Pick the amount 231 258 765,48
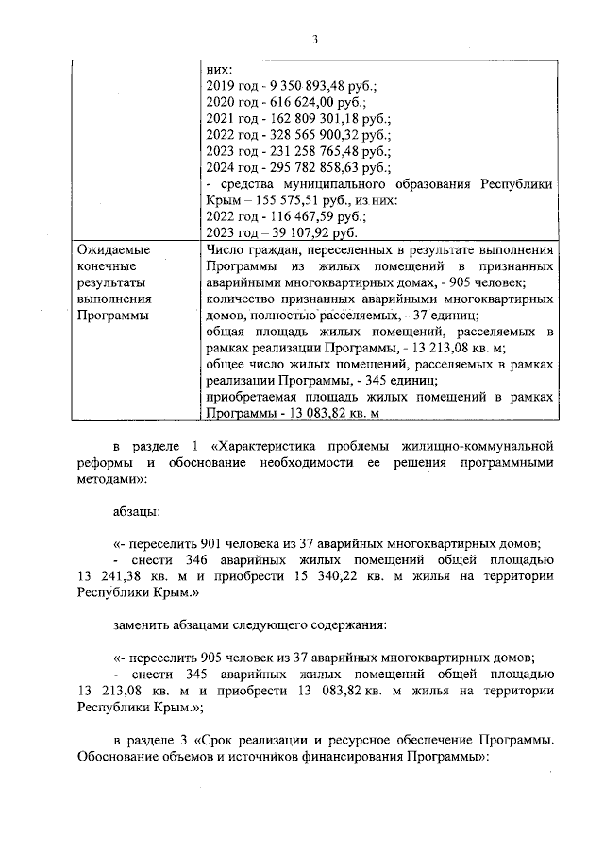point(306,151)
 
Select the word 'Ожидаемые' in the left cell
point(112,249)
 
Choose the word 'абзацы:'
point(136,509)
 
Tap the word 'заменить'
point(142,625)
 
